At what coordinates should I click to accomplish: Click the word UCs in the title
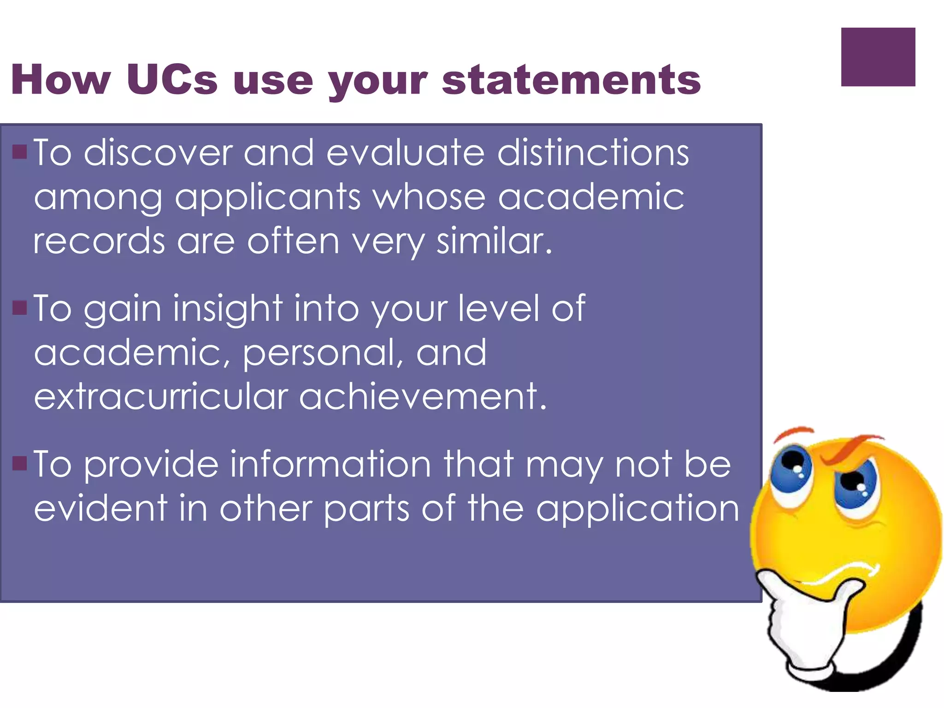(x=171, y=79)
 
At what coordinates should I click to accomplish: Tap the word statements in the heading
(x=572, y=80)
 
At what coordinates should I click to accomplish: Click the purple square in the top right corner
(x=878, y=57)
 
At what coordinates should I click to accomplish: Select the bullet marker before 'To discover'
(x=20, y=152)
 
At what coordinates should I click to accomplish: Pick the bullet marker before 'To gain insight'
(x=20, y=307)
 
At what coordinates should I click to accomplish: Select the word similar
(x=494, y=241)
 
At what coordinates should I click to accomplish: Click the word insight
(x=228, y=308)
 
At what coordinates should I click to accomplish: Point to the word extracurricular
(x=161, y=396)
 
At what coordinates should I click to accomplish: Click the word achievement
(x=423, y=396)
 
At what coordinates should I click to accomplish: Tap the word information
(x=330, y=464)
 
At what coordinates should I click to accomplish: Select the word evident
(x=100, y=508)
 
